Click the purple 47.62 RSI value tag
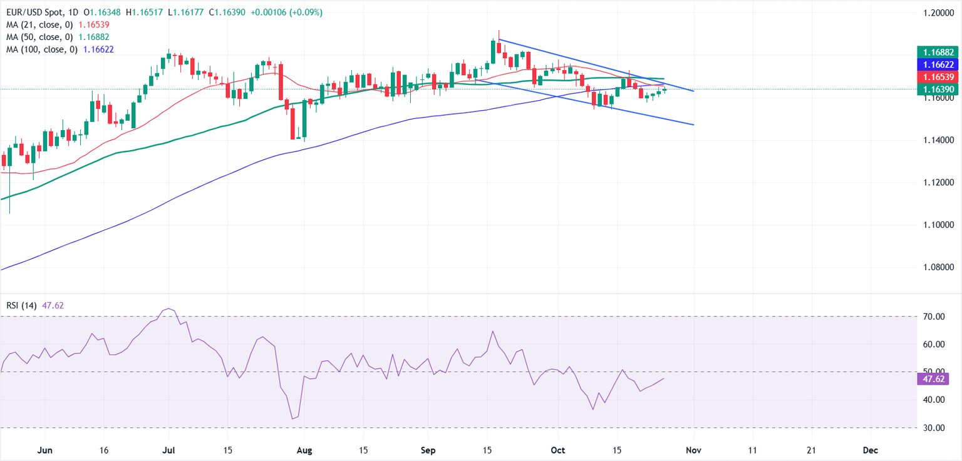(931, 378)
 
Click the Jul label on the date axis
(169, 450)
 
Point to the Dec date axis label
(869, 450)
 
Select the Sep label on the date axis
(427, 450)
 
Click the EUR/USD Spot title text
(31, 13)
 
